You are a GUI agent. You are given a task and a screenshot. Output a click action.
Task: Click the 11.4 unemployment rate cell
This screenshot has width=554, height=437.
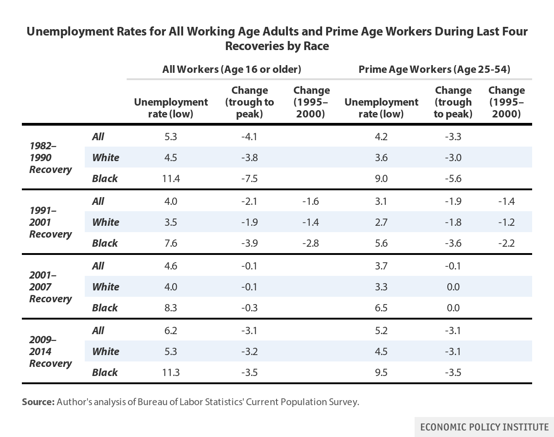pos(171,178)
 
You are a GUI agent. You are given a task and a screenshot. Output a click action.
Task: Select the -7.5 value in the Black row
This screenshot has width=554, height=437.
pos(249,178)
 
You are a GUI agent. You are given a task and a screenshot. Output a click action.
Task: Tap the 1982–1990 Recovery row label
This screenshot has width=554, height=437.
pos(51,158)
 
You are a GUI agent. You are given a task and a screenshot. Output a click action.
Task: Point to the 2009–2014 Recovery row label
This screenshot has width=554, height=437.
pos(51,351)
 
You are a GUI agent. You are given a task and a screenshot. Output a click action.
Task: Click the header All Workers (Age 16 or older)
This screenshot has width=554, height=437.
pos(231,69)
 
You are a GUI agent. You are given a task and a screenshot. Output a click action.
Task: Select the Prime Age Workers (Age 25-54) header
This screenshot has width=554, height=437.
pos(434,69)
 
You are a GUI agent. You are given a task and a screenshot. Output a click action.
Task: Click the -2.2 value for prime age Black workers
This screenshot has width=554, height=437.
pos(506,243)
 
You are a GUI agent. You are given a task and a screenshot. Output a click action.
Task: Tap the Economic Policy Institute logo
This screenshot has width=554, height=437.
pos(484,427)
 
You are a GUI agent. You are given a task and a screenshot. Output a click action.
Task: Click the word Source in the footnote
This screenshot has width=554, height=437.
pos(38,402)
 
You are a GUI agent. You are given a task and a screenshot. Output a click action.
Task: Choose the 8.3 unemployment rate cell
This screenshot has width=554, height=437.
pos(171,308)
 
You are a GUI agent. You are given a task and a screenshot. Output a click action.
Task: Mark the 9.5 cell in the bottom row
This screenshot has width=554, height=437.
pos(381,372)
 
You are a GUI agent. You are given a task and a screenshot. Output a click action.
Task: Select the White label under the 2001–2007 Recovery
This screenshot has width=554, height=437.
pos(105,287)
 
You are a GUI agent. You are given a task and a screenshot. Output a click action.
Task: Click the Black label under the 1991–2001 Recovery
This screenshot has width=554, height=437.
pos(105,243)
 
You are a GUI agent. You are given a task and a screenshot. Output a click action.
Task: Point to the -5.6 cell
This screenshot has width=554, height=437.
pos(453,178)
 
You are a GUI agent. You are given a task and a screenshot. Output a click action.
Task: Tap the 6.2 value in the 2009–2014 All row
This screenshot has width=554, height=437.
pos(171,330)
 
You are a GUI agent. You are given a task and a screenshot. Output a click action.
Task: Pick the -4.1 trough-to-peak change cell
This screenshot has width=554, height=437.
pos(249,137)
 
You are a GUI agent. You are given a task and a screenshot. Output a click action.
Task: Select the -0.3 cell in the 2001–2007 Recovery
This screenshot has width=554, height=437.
pos(249,308)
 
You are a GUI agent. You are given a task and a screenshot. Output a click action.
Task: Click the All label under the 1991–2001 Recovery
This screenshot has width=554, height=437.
pos(98,201)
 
